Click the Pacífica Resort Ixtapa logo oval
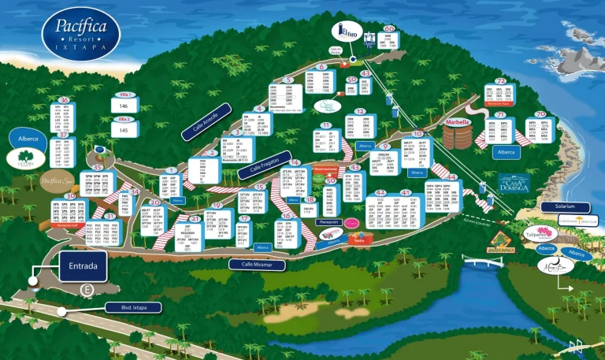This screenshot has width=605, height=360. (81, 34)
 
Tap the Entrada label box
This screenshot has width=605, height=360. (82, 267)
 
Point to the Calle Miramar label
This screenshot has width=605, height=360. (257, 265)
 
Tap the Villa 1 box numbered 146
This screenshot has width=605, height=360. (123, 105)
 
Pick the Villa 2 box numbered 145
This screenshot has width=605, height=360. (123, 129)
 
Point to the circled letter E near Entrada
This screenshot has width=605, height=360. (86, 291)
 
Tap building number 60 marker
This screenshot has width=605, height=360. (389, 28)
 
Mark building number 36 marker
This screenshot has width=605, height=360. (65, 99)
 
